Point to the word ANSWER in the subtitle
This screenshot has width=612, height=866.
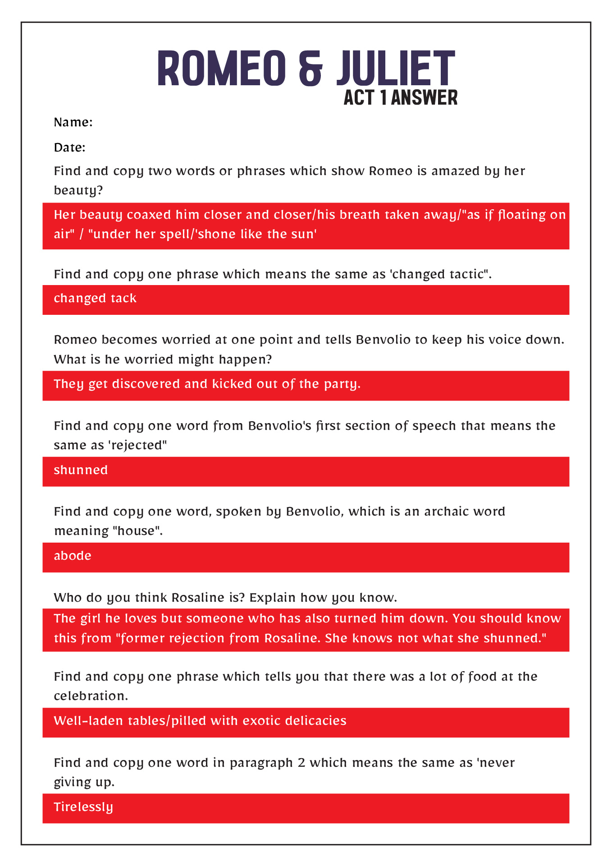click(424, 97)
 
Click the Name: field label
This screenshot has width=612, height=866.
click(73, 122)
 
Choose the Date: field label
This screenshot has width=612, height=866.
click(69, 147)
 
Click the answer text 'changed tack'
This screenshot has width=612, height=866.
click(95, 299)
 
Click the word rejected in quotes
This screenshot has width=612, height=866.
click(137, 445)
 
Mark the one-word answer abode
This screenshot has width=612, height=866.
click(73, 556)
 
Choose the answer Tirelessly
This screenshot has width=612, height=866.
click(83, 807)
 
